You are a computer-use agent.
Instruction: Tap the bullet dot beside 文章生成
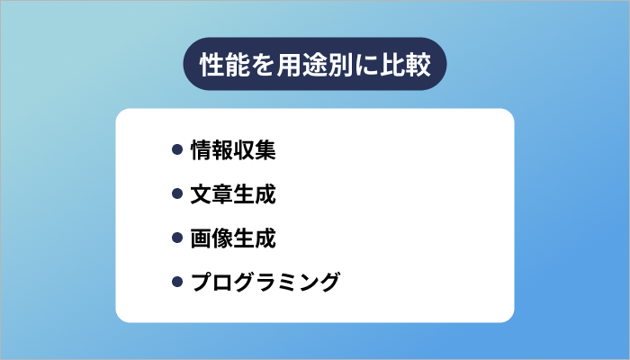pos(177,194)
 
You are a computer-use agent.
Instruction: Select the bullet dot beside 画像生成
pos(177,238)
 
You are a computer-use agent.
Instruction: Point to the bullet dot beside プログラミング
pos(177,283)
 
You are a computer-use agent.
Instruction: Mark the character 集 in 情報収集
pos(265,150)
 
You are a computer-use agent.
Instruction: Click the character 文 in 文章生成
pos(200,194)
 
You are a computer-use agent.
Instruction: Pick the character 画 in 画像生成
pos(200,238)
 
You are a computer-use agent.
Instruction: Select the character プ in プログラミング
pos(200,283)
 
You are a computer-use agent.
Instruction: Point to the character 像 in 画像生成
pos(221,238)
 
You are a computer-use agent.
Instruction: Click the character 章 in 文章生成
pos(221,194)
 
